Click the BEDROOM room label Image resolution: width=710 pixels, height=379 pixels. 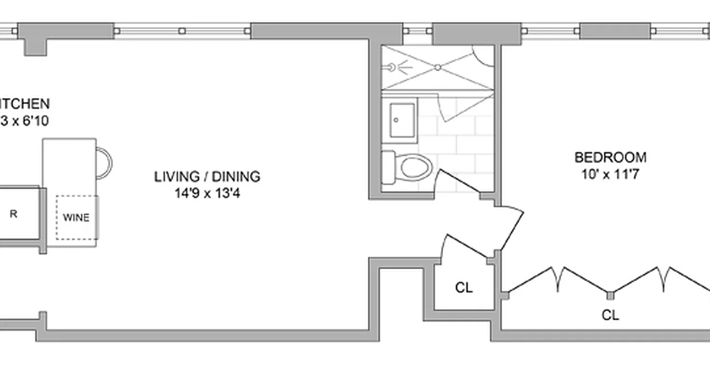pyautogui.click(x=610, y=157)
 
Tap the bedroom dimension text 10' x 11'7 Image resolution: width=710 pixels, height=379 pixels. pyautogui.click(x=610, y=174)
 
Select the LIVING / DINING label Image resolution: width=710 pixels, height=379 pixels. pyautogui.click(x=207, y=177)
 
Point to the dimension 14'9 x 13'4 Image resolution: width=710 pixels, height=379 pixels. pyautogui.click(x=207, y=193)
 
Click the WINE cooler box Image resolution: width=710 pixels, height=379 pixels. pyautogui.click(x=77, y=217)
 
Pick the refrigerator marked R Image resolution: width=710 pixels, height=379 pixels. pyautogui.click(x=14, y=214)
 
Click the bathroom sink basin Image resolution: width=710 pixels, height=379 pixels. pyautogui.click(x=403, y=120)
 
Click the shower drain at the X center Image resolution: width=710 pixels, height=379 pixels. pyautogui.click(x=438, y=67)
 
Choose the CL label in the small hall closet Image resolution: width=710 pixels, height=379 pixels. pyautogui.click(x=464, y=288)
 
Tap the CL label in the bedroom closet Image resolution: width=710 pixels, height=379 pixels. pyautogui.click(x=610, y=315)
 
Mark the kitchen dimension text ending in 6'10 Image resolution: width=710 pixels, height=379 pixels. pyautogui.click(x=24, y=121)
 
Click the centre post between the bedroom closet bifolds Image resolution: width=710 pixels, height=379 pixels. pyautogui.click(x=611, y=296)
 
